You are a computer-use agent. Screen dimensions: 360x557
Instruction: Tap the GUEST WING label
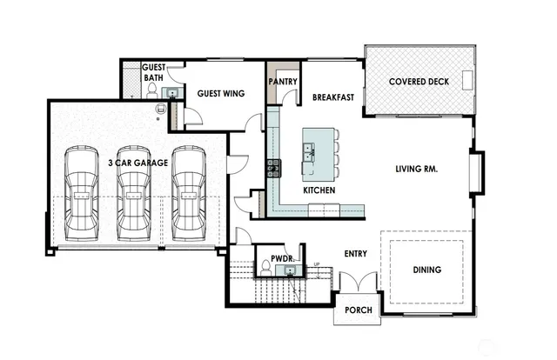pyautogui.click(x=220, y=93)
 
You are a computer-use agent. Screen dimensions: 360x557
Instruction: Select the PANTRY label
pyautogui.click(x=283, y=82)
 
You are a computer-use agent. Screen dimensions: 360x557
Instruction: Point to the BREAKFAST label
pyautogui.click(x=333, y=97)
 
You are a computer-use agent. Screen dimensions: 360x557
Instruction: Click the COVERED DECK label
pyautogui.click(x=418, y=82)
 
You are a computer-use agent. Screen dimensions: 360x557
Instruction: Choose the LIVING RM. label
pyautogui.click(x=416, y=169)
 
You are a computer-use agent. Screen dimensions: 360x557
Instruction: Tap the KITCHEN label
pyautogui.click(x=319, y=190)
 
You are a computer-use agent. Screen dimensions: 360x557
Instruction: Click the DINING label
pyautogui.click(x=427, y=270)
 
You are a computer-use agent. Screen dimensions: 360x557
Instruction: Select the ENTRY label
pyautogui.click(x=355, y=254)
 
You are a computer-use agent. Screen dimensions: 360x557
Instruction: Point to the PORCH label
pyautogui.click(x=359, y=309)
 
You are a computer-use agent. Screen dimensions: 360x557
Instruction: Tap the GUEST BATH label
pyautogui.click(x=154, y=72)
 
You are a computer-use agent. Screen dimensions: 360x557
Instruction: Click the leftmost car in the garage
pyautogui.click(x=80, y=192)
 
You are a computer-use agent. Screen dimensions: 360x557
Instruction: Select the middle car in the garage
pyautogui.click(x=134, y=192)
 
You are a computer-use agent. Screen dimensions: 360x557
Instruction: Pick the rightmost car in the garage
pyautogui.click(x=188, y=192)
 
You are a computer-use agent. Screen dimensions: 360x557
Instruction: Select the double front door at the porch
pyautogui.click(x=358, y=284)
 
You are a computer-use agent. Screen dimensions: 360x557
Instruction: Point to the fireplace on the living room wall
pyautogui.click(x=475, y=171)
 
